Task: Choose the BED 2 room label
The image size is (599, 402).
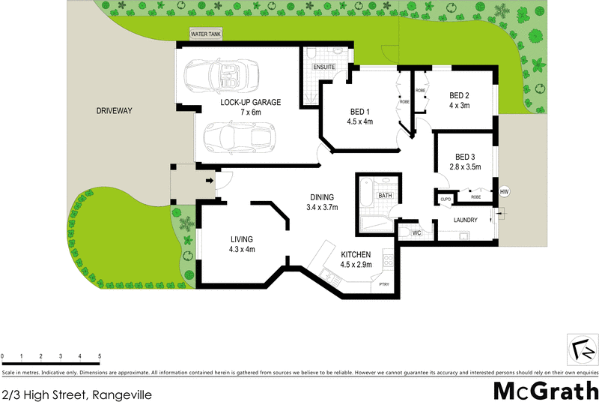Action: tap(459, 95)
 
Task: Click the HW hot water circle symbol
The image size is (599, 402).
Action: tap(504, 191)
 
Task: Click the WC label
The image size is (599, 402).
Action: tap(418, 233)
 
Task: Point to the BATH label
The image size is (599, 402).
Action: tap(385, 196)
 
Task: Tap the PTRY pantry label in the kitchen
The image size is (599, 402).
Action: tap(385, 284)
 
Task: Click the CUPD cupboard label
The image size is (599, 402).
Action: tap(446, 199)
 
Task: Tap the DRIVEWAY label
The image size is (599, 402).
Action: tap(114, 111)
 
